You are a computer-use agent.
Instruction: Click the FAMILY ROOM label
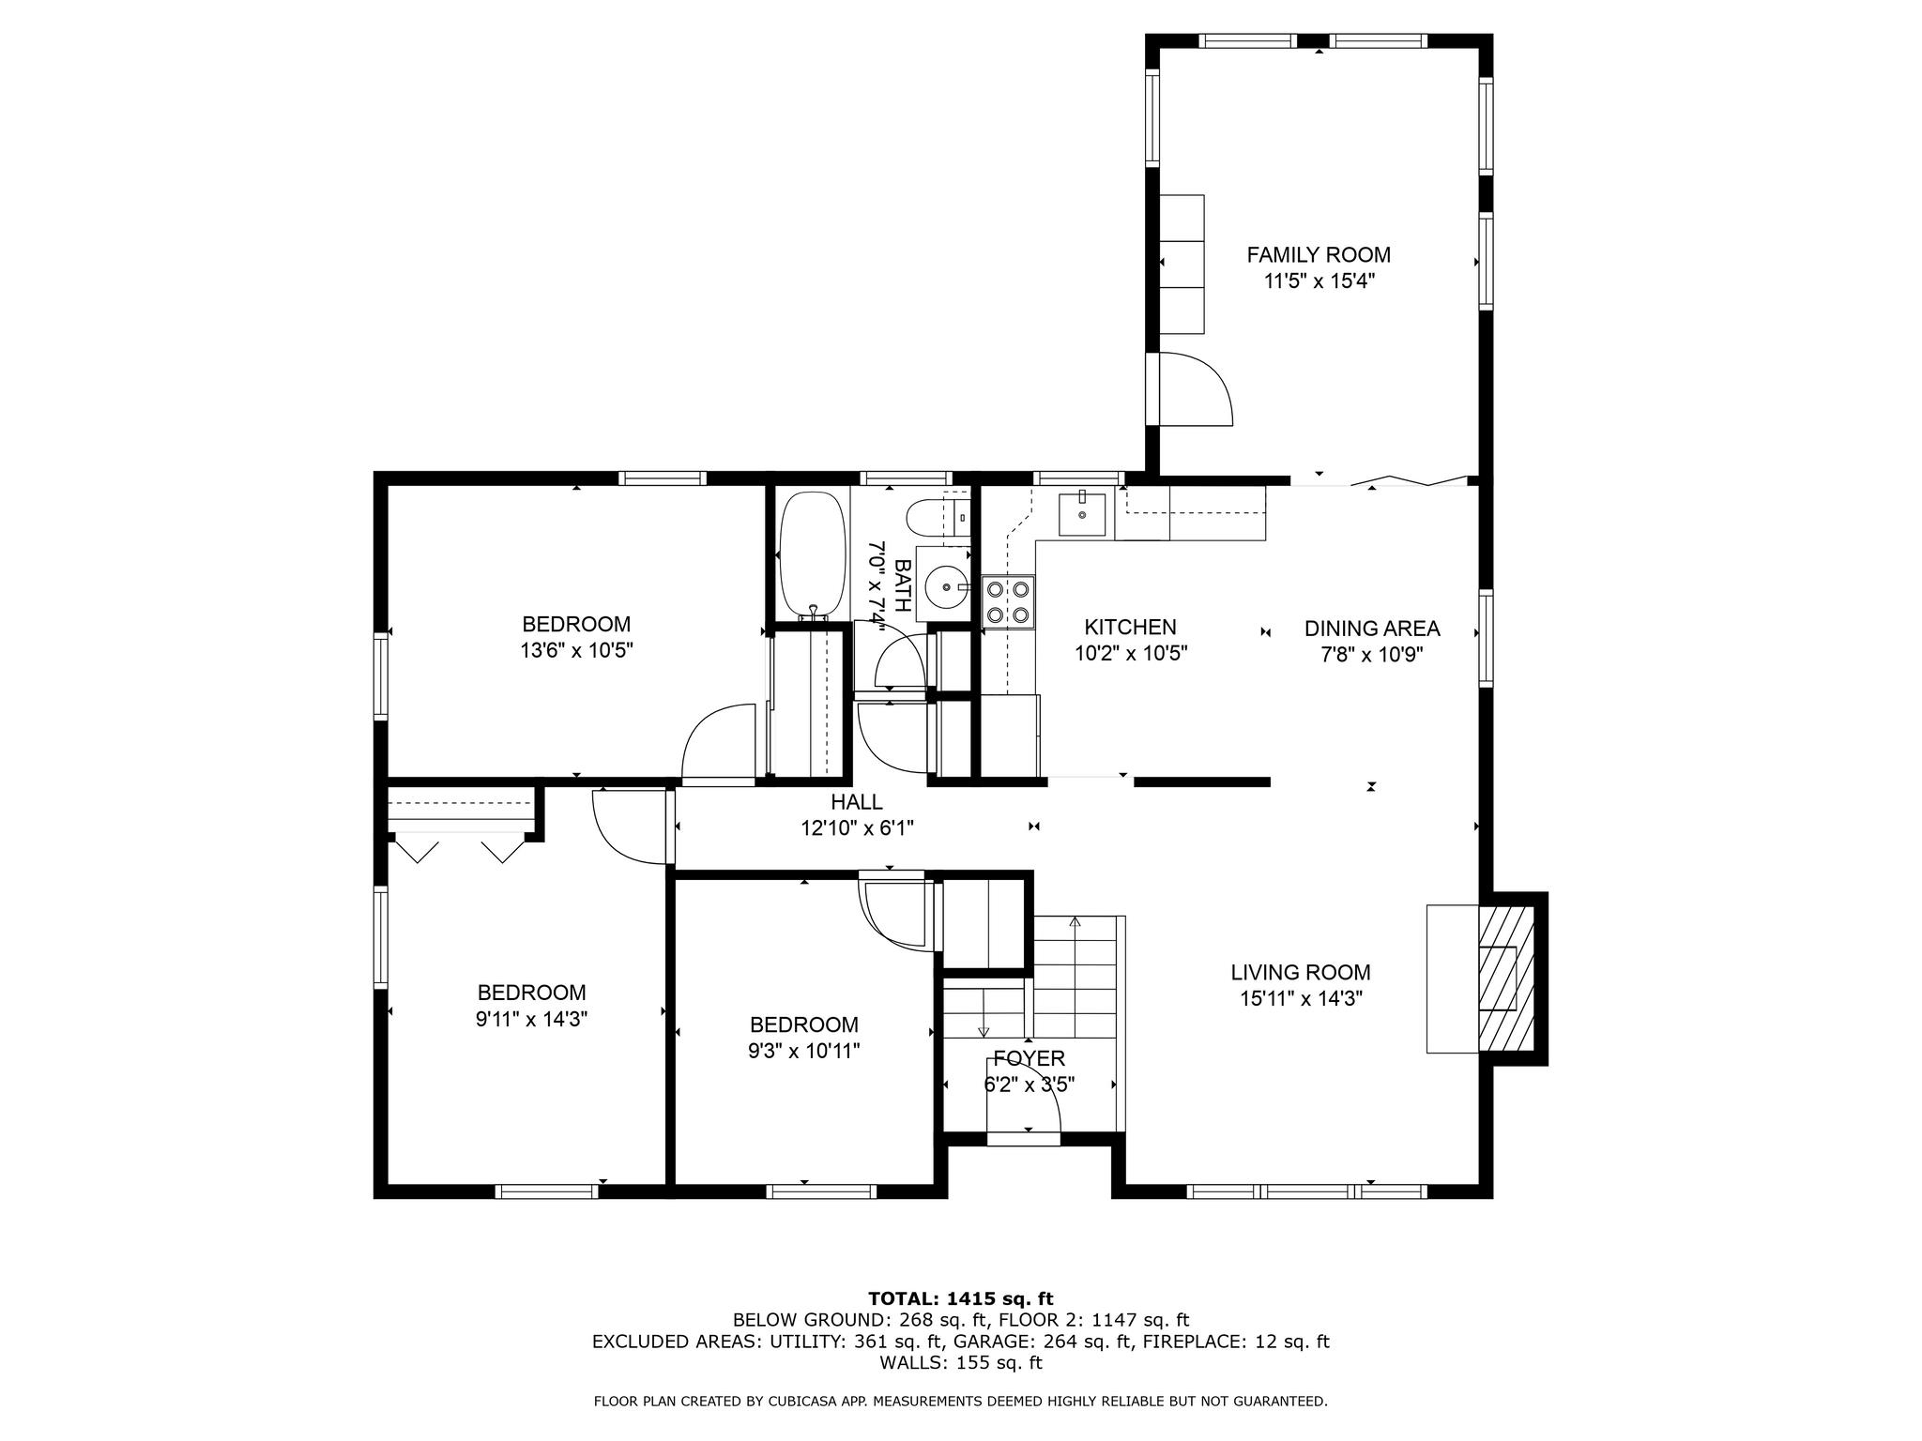(1319, 254)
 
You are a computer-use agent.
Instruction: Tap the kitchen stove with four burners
(1008, 601)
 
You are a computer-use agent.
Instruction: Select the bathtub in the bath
(813, 554)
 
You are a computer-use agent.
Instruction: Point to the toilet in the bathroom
(934, 517)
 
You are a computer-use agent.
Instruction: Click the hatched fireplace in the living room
(1507, 977)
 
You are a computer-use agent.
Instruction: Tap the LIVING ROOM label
(1301, 973)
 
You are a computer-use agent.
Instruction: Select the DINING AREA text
(1372, 629)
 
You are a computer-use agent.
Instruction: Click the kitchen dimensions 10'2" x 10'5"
(1132, 654)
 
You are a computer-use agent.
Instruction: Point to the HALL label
(857, 802)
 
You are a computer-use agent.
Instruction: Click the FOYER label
(1030, 1059)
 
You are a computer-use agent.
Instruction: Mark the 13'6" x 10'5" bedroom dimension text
(577, 650)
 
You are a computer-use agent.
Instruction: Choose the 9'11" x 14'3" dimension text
(532, 1019)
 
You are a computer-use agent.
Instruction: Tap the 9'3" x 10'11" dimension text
(804, 1051)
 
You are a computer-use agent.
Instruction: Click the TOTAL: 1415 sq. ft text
(961, 1299)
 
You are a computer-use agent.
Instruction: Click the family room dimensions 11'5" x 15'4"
(1319, 281)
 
